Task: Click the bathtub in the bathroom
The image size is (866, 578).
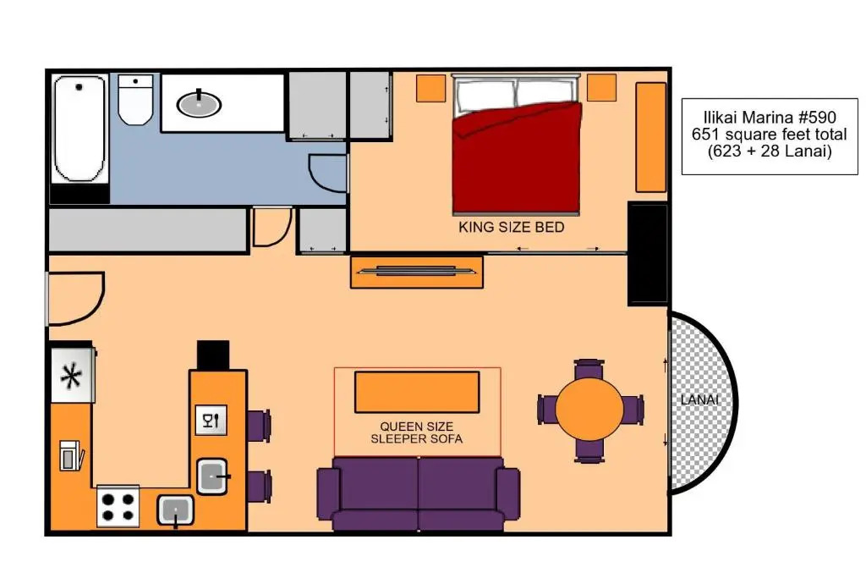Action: (80, 129)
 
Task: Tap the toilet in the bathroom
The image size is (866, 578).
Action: (135, 100)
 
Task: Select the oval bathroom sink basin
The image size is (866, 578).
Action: (199, 104)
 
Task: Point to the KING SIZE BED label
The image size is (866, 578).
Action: (512, 227)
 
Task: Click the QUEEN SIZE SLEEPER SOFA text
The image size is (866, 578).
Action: (417, 432)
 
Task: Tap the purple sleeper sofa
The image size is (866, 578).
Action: (418, 493)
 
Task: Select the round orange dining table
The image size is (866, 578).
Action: (589, 409)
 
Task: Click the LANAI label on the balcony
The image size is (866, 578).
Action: (699, 399)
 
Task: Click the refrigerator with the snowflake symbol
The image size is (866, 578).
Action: (73, 375)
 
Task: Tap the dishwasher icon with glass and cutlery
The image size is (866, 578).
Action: (211, 421)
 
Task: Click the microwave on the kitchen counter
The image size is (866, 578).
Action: (71, 456)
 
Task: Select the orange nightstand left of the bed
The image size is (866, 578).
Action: (430, 88)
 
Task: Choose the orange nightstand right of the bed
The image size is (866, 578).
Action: (601, 87)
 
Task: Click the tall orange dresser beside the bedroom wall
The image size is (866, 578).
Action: (651, 137)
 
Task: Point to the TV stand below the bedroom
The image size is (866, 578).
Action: (417, 272)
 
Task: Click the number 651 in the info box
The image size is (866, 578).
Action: (705, 134)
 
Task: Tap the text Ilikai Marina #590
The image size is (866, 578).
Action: (770, 117)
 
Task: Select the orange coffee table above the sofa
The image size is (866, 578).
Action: (417, 393)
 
